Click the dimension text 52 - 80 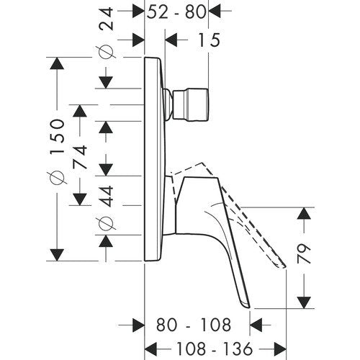[176, 12]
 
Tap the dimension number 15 [209, 40]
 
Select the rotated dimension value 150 [57, 137]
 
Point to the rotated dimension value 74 [80, 157]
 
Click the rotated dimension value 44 [106, 196]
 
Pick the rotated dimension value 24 [106, 19]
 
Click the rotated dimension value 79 [304, 254]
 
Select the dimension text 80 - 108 [194, 325]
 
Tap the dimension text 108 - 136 [215, 348]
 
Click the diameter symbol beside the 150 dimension [57, 178]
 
